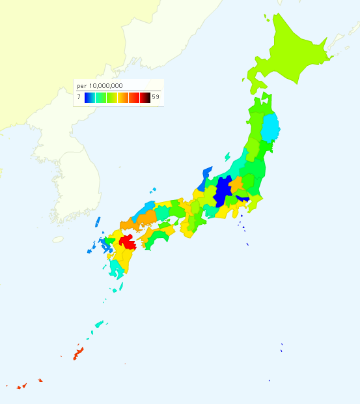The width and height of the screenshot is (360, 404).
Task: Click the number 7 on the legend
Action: [x=79, y=97]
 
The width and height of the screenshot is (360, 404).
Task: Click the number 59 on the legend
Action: [x=155, y=97]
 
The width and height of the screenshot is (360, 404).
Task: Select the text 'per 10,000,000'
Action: [x=100, y=86]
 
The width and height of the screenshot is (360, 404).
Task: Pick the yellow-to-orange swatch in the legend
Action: [x=122, y=98]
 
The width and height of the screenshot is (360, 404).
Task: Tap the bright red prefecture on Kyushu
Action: [x=127, y=240]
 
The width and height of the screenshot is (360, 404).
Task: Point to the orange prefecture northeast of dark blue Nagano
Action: [x=236, y=184]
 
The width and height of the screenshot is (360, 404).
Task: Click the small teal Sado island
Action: [x=227, y=156]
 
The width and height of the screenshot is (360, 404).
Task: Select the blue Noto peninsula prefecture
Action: [x=206, y=174]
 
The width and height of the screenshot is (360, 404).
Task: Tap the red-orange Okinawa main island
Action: [x=77, y=354]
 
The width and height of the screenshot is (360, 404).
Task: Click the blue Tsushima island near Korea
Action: [x=98, y=222]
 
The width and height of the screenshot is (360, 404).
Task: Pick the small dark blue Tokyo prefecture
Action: [x=242, y=199]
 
